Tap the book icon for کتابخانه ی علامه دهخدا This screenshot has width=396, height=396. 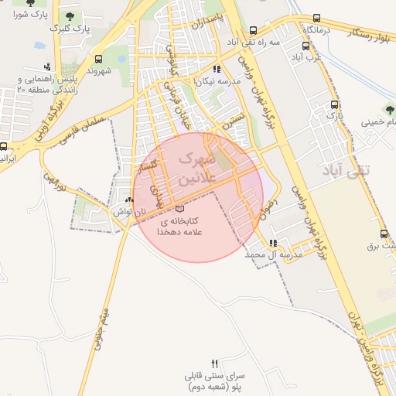pyautogui.click(x=180, y=208)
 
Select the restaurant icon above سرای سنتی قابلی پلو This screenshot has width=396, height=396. pyautogui.click(x=215, y=364)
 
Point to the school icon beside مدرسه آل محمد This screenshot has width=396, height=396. pyautogui.click(x=272, y=243)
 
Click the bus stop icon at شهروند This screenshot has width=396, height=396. pyautogui.click(x=98, y=59)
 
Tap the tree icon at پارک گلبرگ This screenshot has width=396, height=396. pyautogui.click(x=70, y=16)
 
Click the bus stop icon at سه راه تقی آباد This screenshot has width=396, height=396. pyautogui.click(x=253, y=31)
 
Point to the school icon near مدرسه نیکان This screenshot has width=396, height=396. pyautogui.click(x=217, y=69)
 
